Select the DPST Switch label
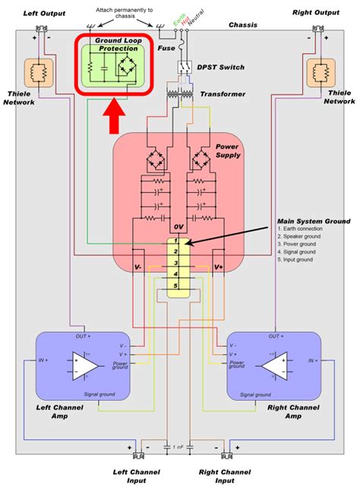221,67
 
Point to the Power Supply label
226,150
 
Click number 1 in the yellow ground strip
175,241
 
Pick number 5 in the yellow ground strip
175,285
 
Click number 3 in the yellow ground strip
175,263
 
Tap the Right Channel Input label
226,476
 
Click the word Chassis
243,25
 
